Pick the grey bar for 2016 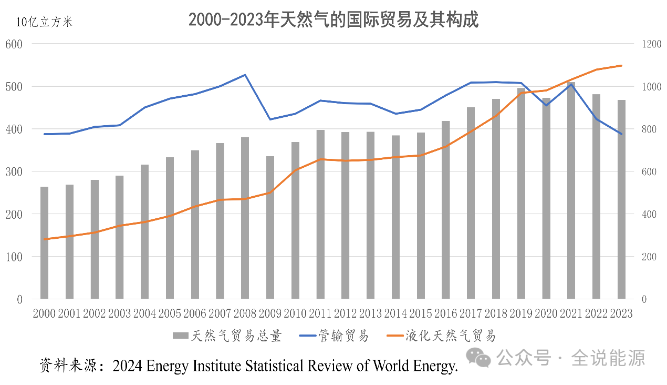point(445,210)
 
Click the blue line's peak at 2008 point(245,75)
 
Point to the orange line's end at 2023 point(621,66)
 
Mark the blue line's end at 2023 point(621,134)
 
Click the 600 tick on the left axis point(14,44)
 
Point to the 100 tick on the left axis point(14,257)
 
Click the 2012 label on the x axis point(345,313)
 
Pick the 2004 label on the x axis point(144,313)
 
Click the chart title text point(333,20)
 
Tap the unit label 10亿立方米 point(44,22)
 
